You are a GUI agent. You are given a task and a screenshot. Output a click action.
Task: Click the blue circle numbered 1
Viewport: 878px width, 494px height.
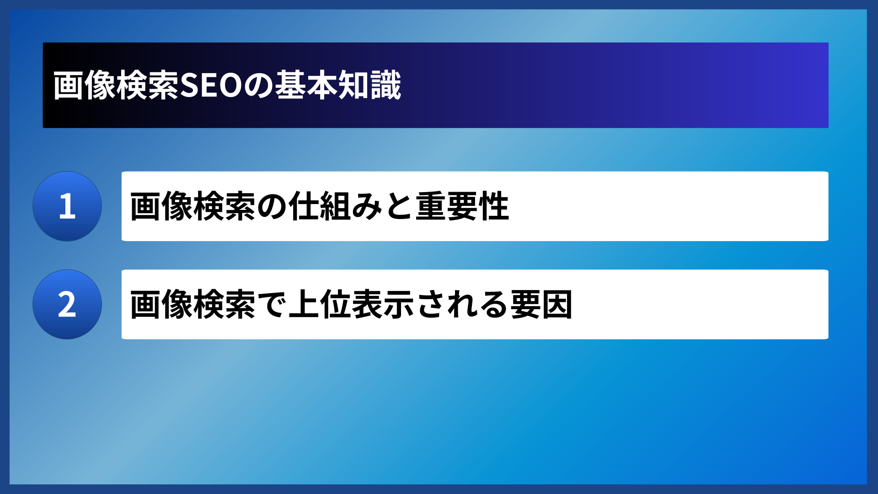pyautogui.click(x=67, y=206)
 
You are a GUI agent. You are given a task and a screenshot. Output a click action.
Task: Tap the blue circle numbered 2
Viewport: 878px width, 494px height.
pyautogui.click(x=67, y=304)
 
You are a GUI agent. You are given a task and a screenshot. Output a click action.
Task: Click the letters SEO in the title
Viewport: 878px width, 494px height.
pyautogui.click(x=210, y=86)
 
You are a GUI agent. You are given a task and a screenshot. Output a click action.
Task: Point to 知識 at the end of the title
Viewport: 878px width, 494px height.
pyautogui.click(x=369, y=86)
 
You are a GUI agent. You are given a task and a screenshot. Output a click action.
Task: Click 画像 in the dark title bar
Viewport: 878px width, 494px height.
pyautogui.click(x=85, y=86)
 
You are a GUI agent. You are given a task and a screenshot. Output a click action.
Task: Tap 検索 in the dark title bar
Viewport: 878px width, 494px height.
pyautogui.click(x=148, y=86)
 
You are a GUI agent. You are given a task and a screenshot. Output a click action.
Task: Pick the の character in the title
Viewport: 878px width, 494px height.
pyautogui.click(x=259, y=86)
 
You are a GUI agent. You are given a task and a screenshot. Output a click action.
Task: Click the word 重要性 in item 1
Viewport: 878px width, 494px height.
pyautogui.click(x=462, y=206)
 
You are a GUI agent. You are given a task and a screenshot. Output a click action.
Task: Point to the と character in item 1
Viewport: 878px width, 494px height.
pyautogui.click(x=399, y=206)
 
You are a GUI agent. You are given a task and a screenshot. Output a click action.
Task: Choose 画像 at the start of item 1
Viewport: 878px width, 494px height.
pyautogui.click(x=161, y=206)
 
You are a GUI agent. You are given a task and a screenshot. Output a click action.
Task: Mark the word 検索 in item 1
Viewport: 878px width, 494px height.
pyautogui.click(x=225, y=206)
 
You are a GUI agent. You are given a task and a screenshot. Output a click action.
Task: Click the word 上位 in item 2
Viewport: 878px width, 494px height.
pyautogui.click(x=320, y=305)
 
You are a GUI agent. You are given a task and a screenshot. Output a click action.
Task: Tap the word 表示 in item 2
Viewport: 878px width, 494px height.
pyautogui.click(x=383, y=305)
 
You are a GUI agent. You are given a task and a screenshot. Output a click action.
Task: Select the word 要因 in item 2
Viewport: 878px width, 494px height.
pyautogui.click(x=541, y=305)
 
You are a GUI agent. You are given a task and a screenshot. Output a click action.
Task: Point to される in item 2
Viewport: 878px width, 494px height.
pyautogui.click(x=462, y=305)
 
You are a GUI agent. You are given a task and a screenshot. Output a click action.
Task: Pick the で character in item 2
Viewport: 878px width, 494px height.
pyautogui.click(x=272, y=305)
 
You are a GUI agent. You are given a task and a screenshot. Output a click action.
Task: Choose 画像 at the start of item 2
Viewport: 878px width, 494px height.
pyautogui.click(x=161, y=305)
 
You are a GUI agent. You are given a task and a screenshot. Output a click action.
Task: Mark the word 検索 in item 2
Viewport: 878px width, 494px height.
pyautogui.click(x=225, y=305)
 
